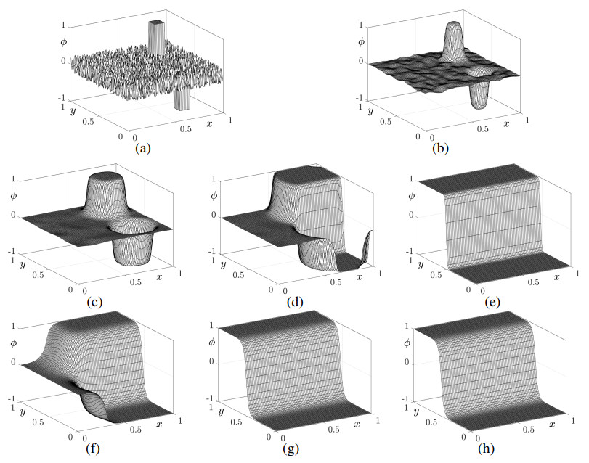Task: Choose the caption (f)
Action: [x=92, y=448]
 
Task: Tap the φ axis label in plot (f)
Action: [x=12, y=343]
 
